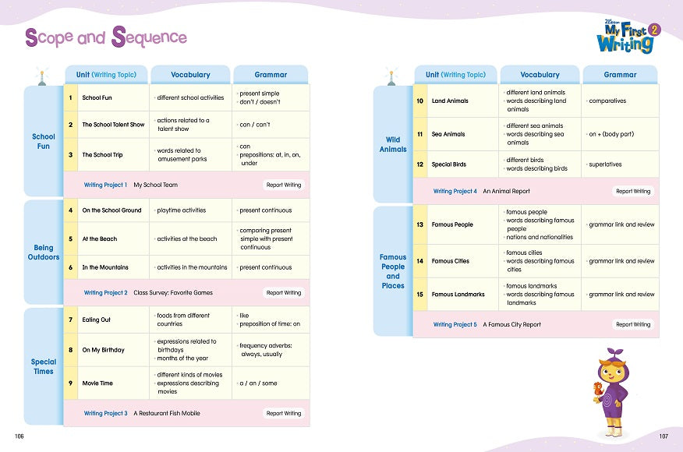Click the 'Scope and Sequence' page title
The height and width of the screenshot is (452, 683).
click(106, 37)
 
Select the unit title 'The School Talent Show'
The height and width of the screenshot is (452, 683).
click(113, 125)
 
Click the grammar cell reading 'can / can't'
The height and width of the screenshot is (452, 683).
click(255, 125)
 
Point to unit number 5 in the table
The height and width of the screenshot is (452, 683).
click(71, 238)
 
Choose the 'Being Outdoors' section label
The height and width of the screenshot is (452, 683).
click(44, 252)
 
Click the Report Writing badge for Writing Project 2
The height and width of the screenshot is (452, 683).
click(284, 292)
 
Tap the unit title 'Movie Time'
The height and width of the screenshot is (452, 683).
click(97, 383)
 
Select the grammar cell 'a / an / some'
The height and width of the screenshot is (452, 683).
click(258, 383)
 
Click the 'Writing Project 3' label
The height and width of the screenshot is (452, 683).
click(105, 413)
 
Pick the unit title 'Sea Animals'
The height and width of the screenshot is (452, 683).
click(448, 134)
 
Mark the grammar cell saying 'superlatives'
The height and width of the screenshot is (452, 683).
click(605, 164)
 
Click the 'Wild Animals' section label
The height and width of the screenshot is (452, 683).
click(393, 144)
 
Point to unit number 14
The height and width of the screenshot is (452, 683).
click(420, 261)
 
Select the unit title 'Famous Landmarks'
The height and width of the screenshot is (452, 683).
click(458, 295)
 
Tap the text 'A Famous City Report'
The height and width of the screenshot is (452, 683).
click(511, 324)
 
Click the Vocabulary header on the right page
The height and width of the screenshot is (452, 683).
click(540, 75)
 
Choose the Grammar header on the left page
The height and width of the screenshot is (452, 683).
click(271, 75)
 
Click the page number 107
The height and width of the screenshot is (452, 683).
click(664, 436)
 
